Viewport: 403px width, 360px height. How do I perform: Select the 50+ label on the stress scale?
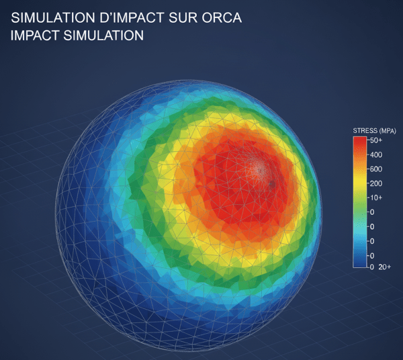pos(375,140)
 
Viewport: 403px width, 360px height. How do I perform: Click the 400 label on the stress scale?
pos(375,155)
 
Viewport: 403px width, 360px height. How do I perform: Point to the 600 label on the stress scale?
pos(375,169)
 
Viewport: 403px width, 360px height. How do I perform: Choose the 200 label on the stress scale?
pos(375,183)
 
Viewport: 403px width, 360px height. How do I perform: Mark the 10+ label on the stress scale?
pos(375,197)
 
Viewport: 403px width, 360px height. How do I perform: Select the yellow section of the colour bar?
pos(360,181)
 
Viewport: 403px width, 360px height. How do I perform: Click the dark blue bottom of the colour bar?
pos(360,262)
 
